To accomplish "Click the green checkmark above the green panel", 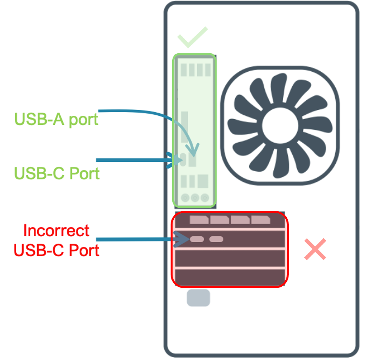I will (192, 37).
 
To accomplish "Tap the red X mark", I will (315, 249).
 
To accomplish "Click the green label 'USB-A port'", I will (56, 119).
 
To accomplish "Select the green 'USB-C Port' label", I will (57, 173).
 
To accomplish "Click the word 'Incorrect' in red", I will (56, 230).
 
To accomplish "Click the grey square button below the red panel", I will (198, 298).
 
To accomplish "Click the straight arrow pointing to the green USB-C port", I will (135, 160).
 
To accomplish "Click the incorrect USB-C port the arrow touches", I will (197, 239).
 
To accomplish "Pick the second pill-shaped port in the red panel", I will (216, 239).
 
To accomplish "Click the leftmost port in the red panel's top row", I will (199, 220).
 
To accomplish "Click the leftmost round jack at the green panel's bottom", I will (185, 197).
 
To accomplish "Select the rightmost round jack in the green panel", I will (205, 197).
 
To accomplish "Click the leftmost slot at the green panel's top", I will (184, 70).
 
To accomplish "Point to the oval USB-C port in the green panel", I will (183, 160).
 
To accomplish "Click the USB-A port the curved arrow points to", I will (193, 161).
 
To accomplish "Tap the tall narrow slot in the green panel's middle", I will (184, 127).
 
